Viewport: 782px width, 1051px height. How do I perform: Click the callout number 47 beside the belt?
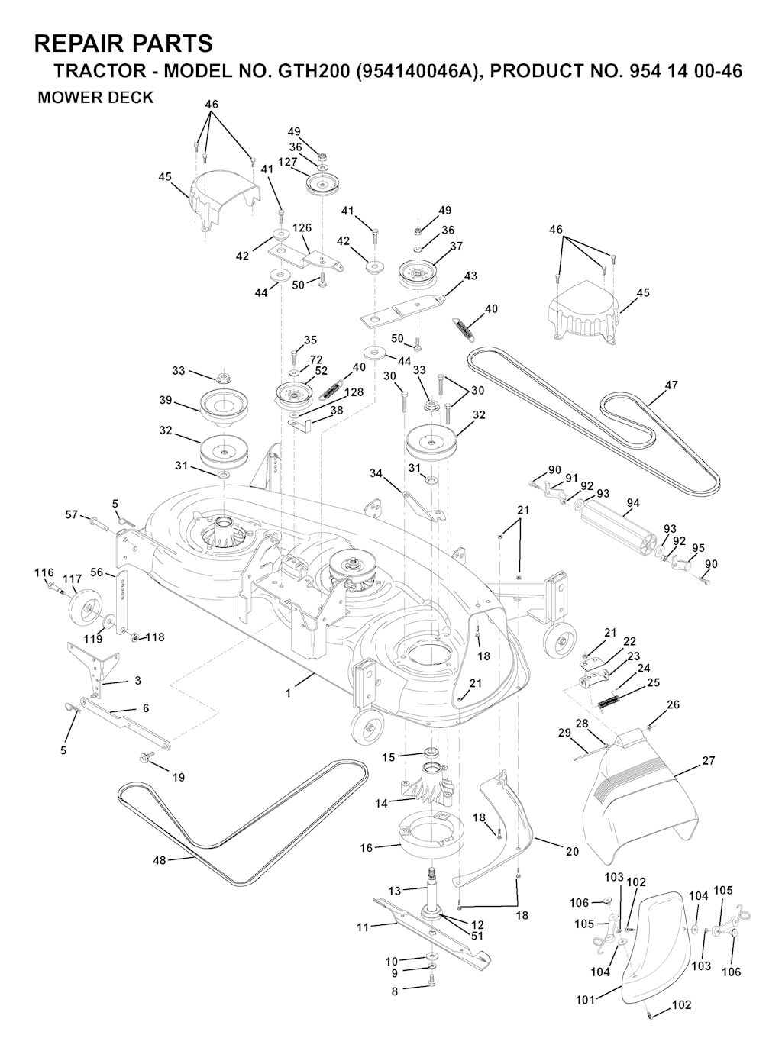(x=671, y=385)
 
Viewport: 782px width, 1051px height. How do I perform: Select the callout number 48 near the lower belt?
(x=159, y=860)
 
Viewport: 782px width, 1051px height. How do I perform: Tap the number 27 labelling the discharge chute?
(x=709, y=761)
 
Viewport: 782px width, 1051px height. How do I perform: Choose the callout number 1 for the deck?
(x=288, y=693)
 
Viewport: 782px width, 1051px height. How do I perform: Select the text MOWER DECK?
(x=95, y=98)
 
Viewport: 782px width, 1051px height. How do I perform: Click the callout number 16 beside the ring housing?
(x=367, y=848)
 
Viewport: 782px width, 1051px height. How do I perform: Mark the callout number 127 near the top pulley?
(x=287, y=161)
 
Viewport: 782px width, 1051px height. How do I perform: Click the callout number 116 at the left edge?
(x=44, y=572)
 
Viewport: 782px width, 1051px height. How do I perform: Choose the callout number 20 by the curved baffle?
(x=572, y=851)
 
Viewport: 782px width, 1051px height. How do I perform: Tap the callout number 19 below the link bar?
(x=178, y=778)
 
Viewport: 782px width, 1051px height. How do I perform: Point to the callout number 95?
(x=698, y=547)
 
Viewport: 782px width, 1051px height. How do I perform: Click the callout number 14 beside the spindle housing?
(x=381, y=802)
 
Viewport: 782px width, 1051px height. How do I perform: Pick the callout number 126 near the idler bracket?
(x=302, y=227)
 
